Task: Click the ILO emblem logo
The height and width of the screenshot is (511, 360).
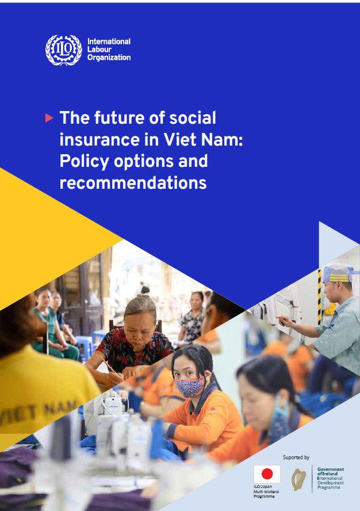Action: click(63, 50)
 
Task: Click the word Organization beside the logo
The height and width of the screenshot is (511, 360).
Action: click(109, 58)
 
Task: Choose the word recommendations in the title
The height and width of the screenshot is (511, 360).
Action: click(133, 182)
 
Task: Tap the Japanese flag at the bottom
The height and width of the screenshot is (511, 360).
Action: click(267, 474)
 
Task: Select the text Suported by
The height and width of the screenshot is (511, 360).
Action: click(296, 457)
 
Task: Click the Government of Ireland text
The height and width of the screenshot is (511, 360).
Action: click(330, 471)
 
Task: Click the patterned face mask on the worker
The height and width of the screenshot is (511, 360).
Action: click(189, 387)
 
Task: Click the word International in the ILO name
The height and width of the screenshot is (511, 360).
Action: click(109, 41)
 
